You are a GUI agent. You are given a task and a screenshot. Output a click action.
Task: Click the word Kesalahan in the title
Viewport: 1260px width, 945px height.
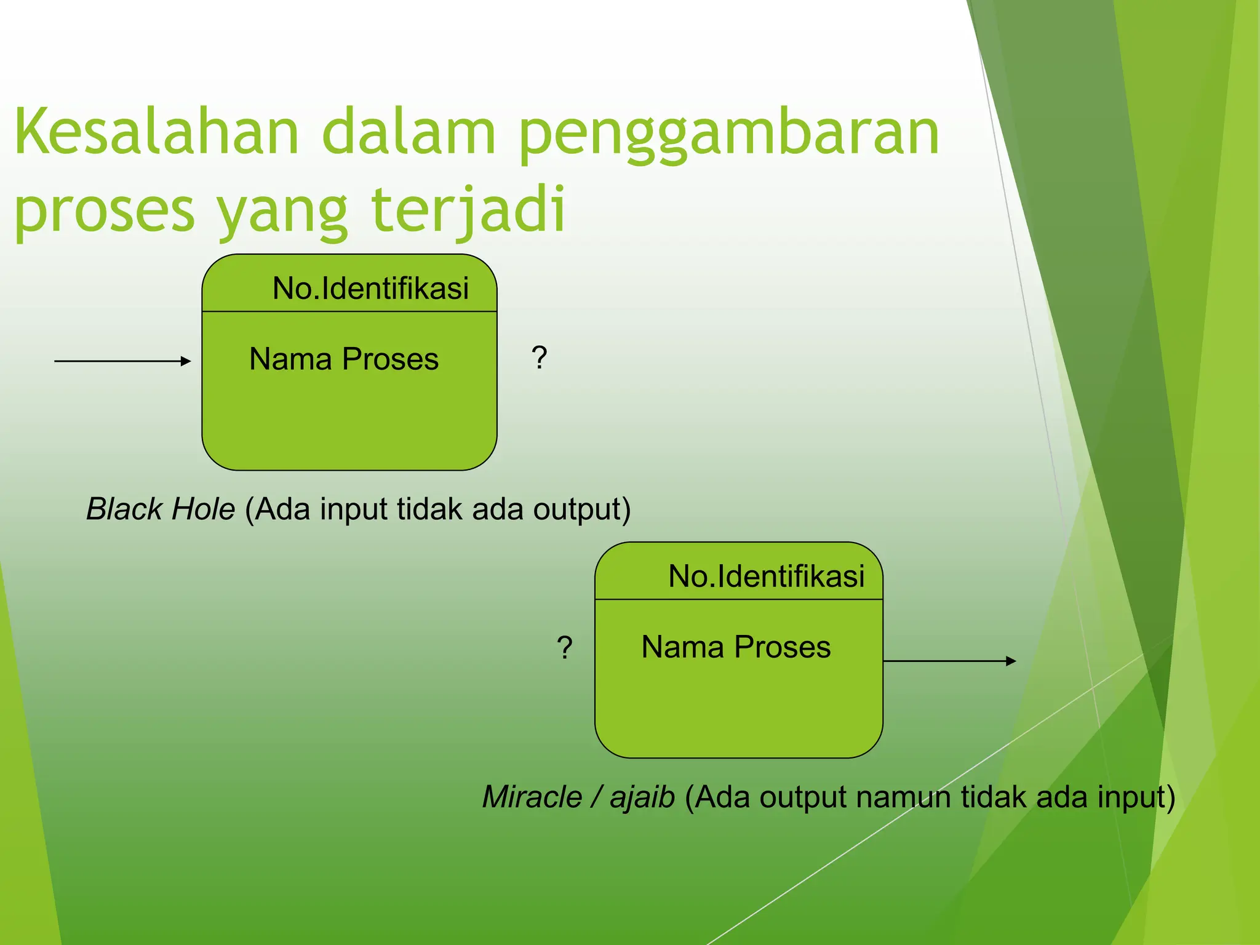click(156, 132)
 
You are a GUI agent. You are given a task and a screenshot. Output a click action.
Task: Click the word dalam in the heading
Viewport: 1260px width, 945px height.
click(409, 132)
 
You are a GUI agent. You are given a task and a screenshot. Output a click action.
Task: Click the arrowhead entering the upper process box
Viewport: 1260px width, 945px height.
click(186, 361)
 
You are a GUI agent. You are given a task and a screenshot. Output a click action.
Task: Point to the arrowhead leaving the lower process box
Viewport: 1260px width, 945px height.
click(1011, 661)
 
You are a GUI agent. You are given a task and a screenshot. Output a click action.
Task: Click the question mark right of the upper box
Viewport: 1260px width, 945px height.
click(539, 357)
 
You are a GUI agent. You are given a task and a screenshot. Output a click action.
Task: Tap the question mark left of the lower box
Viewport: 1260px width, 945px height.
click(564, 648)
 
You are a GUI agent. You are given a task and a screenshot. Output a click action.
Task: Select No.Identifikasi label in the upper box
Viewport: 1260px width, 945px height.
click(370, 289)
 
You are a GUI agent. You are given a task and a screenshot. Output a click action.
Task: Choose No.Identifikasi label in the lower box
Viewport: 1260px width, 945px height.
click(766, 576)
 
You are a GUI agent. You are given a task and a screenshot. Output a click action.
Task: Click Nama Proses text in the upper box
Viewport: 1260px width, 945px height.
click(343, 359)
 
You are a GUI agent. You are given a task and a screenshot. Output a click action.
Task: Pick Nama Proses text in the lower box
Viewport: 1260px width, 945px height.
click(736, 647)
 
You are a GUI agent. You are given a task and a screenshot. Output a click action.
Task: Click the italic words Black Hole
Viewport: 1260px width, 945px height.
click(161, 509)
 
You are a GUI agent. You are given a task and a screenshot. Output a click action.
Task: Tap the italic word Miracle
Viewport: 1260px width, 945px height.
click(532, 797)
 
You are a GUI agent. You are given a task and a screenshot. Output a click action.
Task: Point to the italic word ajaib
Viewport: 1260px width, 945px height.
click(642, 797)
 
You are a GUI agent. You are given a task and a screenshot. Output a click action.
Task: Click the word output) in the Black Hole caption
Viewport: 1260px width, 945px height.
click(581, 509)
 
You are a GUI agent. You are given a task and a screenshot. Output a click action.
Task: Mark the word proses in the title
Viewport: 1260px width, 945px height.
click(105, 210)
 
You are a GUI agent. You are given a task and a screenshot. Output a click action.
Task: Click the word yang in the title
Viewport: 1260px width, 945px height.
click(283, 210)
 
